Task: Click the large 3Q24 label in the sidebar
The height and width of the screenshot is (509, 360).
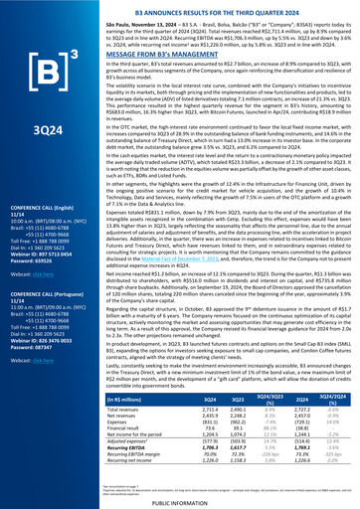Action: pos(41,157)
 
